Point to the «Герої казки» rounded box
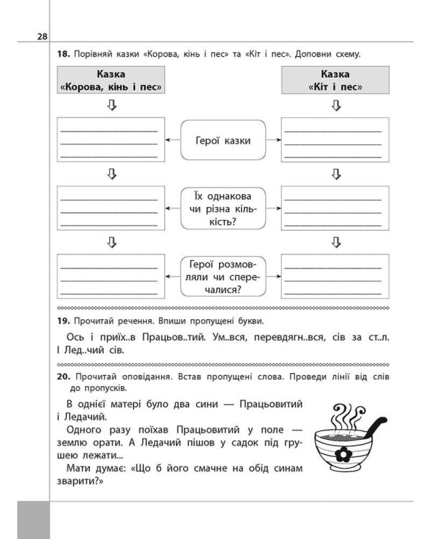tap(223, 140)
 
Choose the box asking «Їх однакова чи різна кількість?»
tap(223, 208)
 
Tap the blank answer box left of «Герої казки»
tap(111, 141)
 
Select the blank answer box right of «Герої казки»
tap(335, 141)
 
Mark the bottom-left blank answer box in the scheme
tap(111, 277)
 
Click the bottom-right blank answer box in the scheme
tap(335, 277)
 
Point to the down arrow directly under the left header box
tap(111, 106)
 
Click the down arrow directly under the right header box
tap(335, 106)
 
